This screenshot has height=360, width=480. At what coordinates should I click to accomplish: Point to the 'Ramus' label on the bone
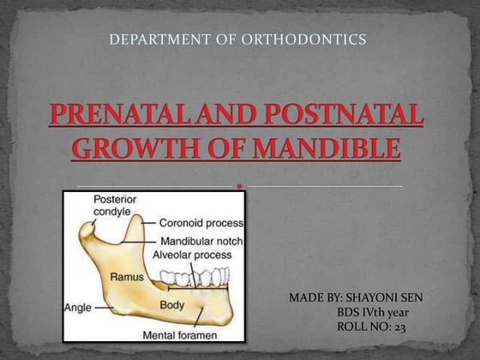126,277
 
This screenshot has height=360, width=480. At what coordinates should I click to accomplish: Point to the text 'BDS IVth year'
378,312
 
